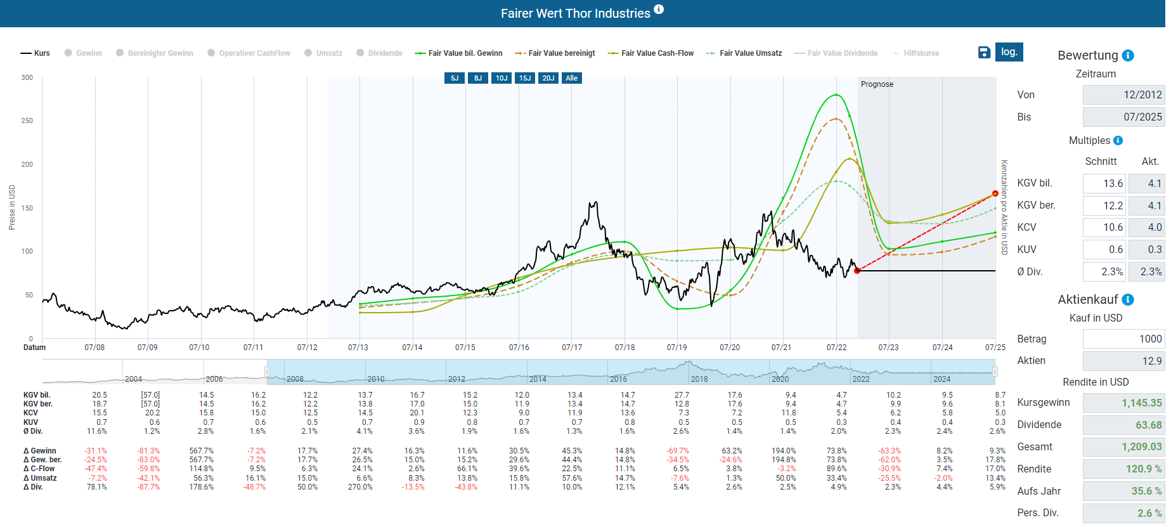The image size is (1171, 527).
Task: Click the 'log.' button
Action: (x=1009, y=52)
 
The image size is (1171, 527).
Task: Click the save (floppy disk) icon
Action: (x=984, y=53)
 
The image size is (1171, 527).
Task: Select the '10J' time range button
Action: (x=501, y=78)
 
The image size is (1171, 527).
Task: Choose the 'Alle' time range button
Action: (x=572, y=78)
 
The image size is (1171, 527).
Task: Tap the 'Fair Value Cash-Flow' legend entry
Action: (x=650, y=53)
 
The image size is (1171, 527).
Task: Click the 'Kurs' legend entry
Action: (x=36, y=53)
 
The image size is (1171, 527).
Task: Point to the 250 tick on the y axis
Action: (x=27, y=120)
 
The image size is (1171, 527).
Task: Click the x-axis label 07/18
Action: (x=624, y=348)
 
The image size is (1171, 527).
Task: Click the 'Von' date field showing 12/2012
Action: (x=1123, y=94)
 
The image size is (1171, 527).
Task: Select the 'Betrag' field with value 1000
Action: (x=1123, y=339)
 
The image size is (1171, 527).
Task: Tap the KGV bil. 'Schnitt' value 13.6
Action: (x=1104, y=183)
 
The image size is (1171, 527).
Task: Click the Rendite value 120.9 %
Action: (x=1123, y=469)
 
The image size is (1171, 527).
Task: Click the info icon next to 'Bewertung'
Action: (x=1128, y=56)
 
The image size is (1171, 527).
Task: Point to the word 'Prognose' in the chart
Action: (x=877, y=84)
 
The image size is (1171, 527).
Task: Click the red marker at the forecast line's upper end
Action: (x=995, y=193)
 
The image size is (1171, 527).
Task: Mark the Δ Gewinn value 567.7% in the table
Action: (x=201, y=451)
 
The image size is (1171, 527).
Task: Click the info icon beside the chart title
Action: (x=659, y=10)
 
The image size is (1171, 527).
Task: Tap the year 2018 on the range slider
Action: (x=699, y=379)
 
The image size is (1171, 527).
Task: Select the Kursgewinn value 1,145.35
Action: (x=1123, y=403)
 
